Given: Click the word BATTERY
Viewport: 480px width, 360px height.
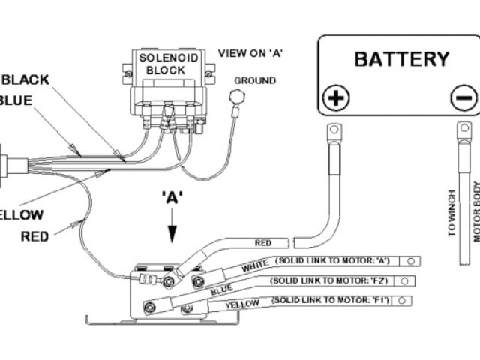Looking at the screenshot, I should click(x=401, y=58).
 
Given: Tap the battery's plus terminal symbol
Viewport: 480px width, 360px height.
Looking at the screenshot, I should click(x=336, y=97).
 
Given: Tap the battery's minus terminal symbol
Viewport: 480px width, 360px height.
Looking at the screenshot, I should click(x=463, y=97).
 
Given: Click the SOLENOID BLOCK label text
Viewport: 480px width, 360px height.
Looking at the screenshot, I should click(x=160, y=64).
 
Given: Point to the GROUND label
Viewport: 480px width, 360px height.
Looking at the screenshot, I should click(x=255, y=81).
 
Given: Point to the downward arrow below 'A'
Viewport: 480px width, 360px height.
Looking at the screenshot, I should click(x=173, y=226).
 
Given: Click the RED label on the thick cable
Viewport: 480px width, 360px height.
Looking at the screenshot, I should click(x=263, y=243).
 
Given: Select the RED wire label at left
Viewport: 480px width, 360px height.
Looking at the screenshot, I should click(x=35, y=236).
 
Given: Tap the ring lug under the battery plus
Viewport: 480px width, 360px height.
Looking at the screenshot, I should click(x=334, y=133).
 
